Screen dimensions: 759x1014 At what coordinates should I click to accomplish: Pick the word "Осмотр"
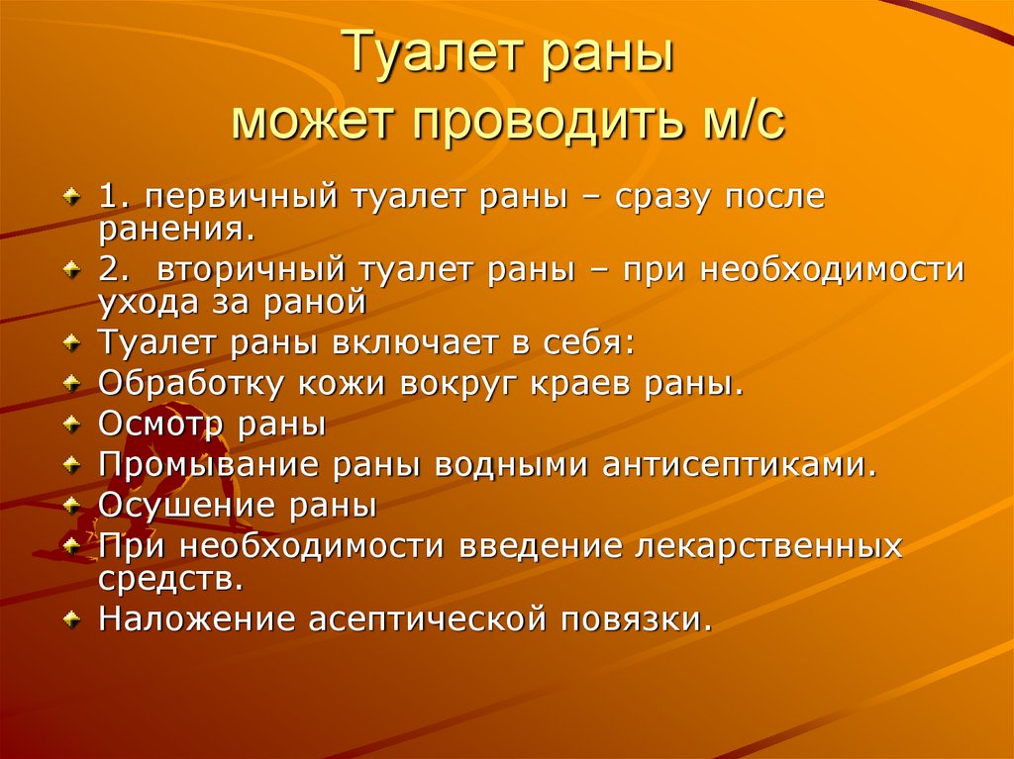click(x=162, y=425)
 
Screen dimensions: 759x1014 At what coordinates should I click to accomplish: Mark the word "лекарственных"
click(x=769, y=545)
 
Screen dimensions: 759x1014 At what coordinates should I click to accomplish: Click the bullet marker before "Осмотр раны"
click(x=71, y=425)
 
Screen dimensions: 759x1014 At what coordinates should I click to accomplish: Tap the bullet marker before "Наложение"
click(x=71, y=619)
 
